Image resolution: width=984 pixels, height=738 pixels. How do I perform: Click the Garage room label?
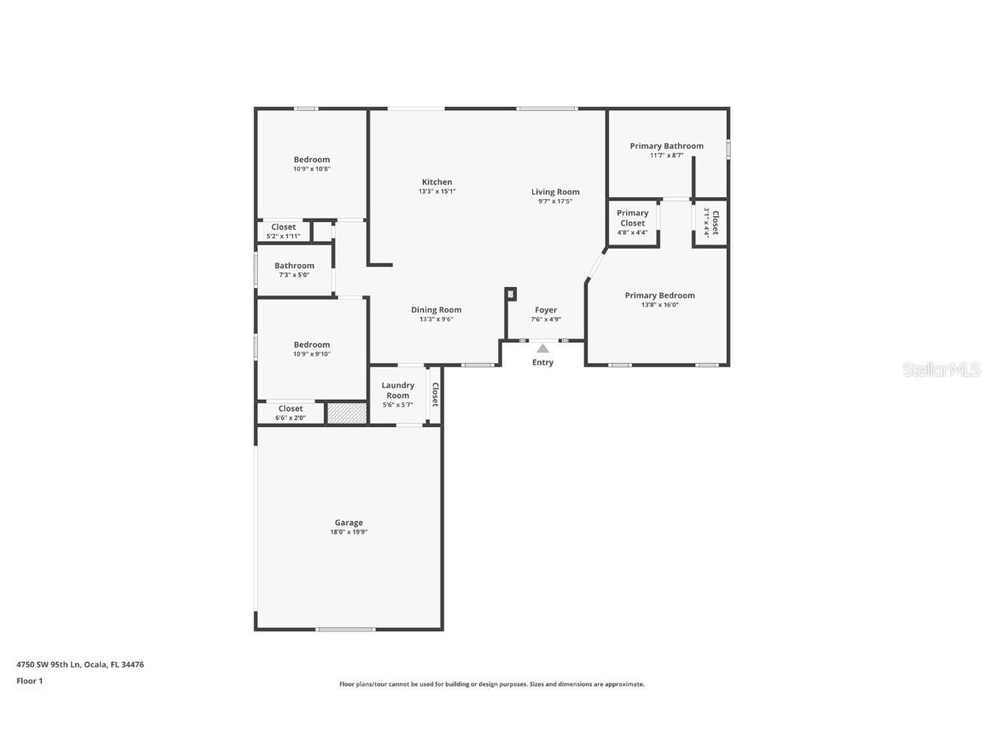(x=348, y=523)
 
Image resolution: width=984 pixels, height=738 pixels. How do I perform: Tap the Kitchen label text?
(x=436, y=182)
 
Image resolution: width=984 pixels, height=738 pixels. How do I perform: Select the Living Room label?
(x=555, y=192)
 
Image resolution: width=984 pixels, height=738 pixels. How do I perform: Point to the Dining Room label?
(x=436, y=310)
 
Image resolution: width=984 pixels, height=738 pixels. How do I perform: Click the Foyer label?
(x=546, y=310)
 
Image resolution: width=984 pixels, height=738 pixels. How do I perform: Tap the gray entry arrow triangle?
(x=542, y=348)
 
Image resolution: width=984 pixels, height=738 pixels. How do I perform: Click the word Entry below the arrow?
(x=542, y=362)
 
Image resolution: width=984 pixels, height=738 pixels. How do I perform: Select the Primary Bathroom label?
(x=666, y=146)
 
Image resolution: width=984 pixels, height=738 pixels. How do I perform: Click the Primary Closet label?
(x=632, y=218)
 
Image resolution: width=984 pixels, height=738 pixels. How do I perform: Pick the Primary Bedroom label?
(x=659, y=296)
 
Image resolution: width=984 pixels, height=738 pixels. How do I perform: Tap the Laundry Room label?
(x=397, y=390)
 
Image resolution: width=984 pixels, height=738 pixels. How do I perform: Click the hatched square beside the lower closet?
(x=347, y=413)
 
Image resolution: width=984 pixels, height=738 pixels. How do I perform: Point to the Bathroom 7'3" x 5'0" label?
(x=294, y=266)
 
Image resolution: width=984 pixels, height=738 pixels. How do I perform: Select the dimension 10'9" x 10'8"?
(x=311, y=169)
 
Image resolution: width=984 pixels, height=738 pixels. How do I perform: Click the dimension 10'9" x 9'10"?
(x=311, y=354)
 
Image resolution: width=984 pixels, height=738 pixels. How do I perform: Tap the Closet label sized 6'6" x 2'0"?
(x=290, y=409)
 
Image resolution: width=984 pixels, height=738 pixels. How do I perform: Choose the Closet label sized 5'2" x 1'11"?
(x=284, y=227)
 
